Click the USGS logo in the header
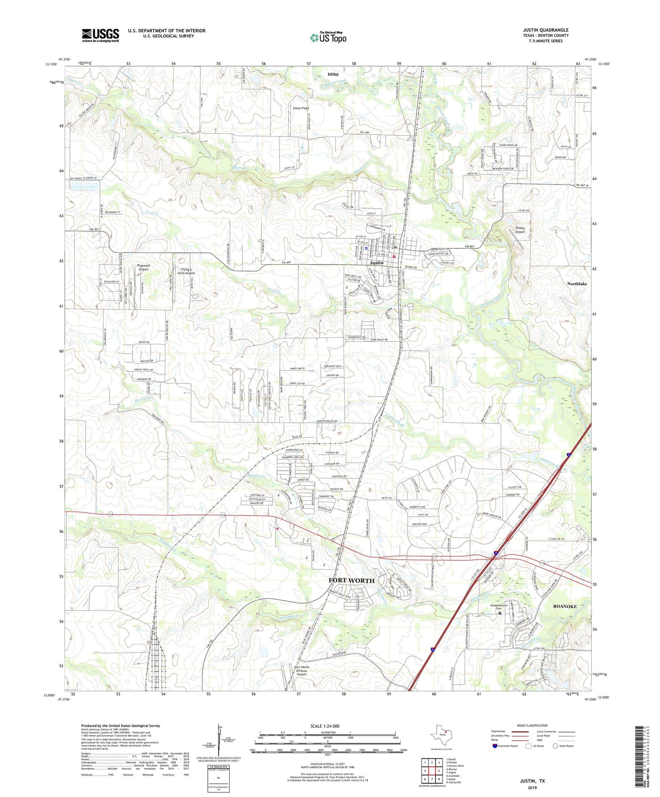(100, 35)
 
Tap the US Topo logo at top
(328, 37)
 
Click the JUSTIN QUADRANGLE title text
(546, 30)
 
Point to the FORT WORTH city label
(351, 581)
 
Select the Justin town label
(376, 263)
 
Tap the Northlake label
(577, 284)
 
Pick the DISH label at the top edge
(333, 74)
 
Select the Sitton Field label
(301, 108)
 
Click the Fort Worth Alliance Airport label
(301, 671)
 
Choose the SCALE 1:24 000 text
(324, 726)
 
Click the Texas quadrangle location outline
(441, 735)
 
